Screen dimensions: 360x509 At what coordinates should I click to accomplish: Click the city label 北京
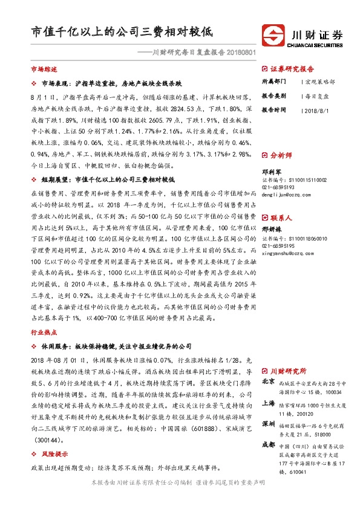pyautogui.click(x=268, y=382)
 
